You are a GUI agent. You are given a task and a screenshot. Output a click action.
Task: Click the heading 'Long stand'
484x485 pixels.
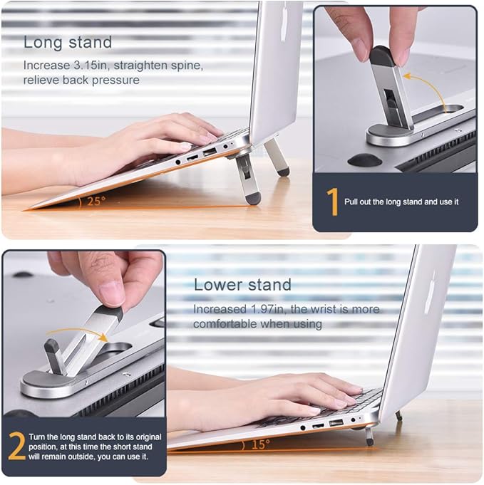tap(68, 42)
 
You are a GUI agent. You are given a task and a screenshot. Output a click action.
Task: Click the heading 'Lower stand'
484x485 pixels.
tap(242, 285)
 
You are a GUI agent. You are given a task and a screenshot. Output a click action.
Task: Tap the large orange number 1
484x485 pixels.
tap(331, 202)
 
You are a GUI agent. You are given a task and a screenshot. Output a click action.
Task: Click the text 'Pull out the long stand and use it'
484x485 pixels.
tap(401, 202)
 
